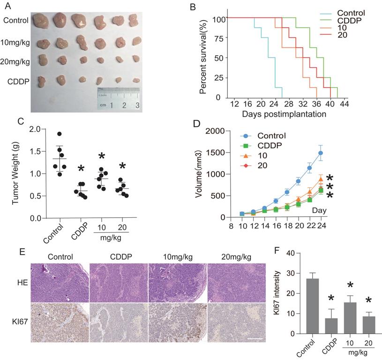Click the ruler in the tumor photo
(118, 98)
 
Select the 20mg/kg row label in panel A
(16, 61)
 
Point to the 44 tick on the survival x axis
(345, 104)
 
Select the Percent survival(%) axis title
(203, 57)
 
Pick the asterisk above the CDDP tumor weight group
(81, 168)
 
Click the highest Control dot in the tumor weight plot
(60, 134)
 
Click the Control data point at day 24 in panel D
(320, 153)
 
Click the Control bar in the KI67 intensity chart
(304, 306)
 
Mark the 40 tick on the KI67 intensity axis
(283, 253)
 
